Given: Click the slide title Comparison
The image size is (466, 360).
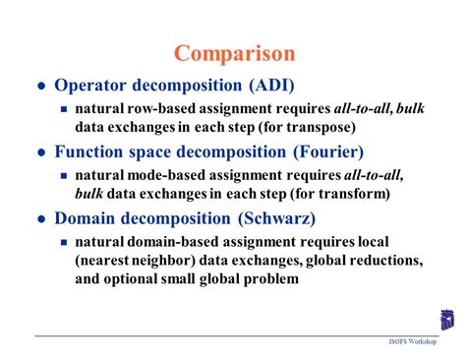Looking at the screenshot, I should point(233,52).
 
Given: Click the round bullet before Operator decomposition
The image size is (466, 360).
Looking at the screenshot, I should point(41,87).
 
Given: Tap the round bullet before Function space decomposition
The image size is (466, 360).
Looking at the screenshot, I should point(41,153).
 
